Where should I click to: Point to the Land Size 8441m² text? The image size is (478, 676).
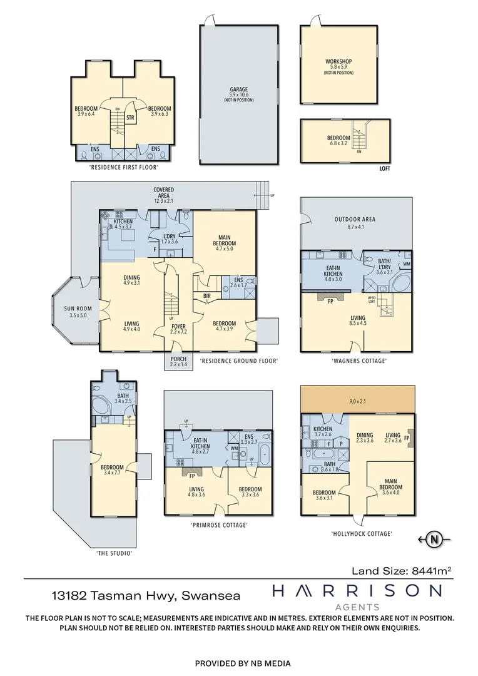(x=401, y=570)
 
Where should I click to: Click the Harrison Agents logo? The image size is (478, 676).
(x=357, y=595)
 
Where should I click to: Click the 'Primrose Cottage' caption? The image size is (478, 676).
(x=219, y=525)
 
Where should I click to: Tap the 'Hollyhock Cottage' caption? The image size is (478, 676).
(x=361, y=534)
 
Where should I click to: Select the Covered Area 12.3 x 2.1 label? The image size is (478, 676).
(x=164, y=193)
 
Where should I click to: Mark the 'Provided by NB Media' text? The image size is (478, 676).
(x=243, y=663)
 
